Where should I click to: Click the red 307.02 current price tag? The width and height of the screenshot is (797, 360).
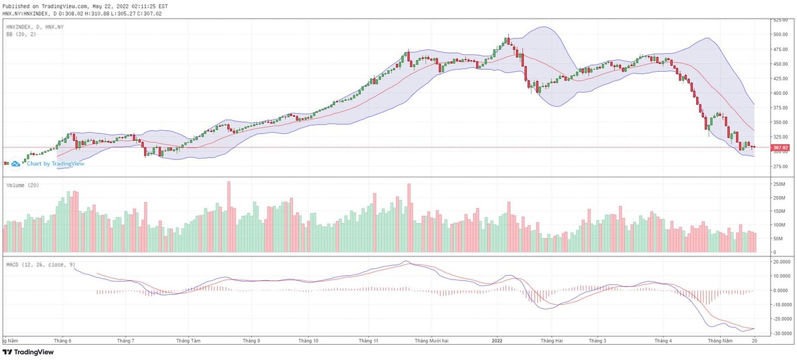coord(780,147)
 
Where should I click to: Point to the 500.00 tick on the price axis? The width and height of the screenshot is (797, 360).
coord(780,35)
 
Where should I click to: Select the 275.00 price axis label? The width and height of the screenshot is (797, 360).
coord(780,166)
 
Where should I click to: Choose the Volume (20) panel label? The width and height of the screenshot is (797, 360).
coord(23,185)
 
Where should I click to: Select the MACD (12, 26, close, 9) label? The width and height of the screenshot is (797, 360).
coord(41,264)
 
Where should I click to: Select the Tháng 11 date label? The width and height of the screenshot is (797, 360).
coord(368,340)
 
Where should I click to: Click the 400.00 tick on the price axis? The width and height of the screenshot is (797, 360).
coord(780,94)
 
